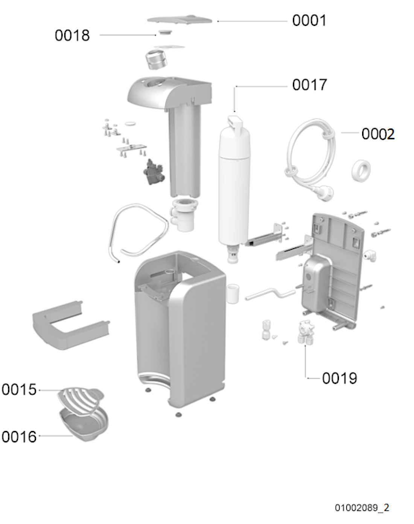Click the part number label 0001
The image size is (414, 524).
309,21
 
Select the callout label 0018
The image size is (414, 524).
72,35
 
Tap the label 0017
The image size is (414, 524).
309,85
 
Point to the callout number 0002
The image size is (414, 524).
378,134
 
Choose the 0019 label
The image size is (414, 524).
339,378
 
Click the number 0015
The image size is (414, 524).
19,390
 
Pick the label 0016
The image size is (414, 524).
19,437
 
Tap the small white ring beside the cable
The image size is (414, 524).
361,170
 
